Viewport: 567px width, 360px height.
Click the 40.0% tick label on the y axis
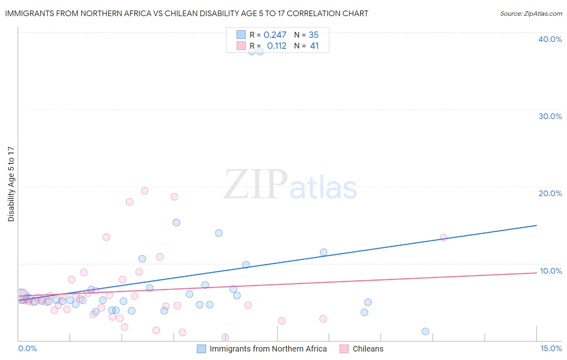click(x=550, y=39)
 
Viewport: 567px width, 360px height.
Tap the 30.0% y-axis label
click(x=550, y=116)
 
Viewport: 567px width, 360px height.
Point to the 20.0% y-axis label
click(x=550, y=193)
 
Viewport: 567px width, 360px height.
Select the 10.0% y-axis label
click(x=550, y=271)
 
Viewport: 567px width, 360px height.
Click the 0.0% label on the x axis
click(x=27, y=348)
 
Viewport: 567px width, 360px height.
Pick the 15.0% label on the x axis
click(x=551, y=348)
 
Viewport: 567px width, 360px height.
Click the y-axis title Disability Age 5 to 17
click(x=11, y=184)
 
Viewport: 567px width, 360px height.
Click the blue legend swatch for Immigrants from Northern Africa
click(x=201, y=349)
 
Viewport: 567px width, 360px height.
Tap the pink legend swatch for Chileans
click(x=344, y=349)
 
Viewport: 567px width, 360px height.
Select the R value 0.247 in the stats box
click(x=275, y=35)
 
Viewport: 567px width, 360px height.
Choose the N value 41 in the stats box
click(x=314, y=46)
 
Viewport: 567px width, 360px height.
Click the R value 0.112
click(x=277, y=46)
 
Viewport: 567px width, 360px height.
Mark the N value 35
click(x=313, y=35)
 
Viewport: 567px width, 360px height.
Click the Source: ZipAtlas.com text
click(x=531, y=14)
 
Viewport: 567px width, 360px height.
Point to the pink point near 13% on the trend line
click(x=443, y=238)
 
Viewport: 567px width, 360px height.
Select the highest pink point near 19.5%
click(x=145, y=190)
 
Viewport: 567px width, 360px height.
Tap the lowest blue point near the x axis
click(x=425, y=331)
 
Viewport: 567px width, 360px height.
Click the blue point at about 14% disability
click(x=219, y=233)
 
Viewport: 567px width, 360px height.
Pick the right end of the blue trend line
click(x=536, y=226)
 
